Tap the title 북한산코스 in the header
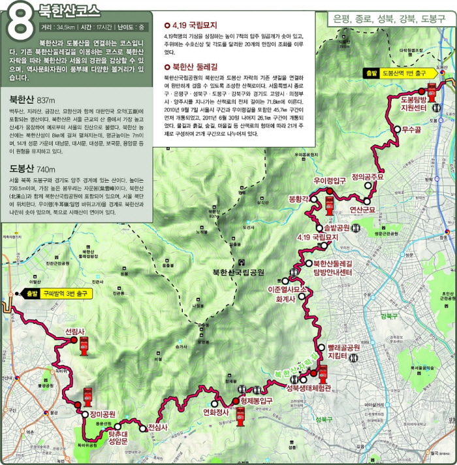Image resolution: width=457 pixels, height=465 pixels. click(71, 11)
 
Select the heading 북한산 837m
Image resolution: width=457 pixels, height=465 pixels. click(32, 101)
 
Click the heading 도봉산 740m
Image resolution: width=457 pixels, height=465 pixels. click(31, 168)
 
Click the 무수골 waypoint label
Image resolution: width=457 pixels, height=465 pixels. click(413, 130)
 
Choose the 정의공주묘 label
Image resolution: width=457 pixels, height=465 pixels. click(369, 176)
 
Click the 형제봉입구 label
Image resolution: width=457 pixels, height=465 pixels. click(260, 401)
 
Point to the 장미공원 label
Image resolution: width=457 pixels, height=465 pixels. click(102, 414)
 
